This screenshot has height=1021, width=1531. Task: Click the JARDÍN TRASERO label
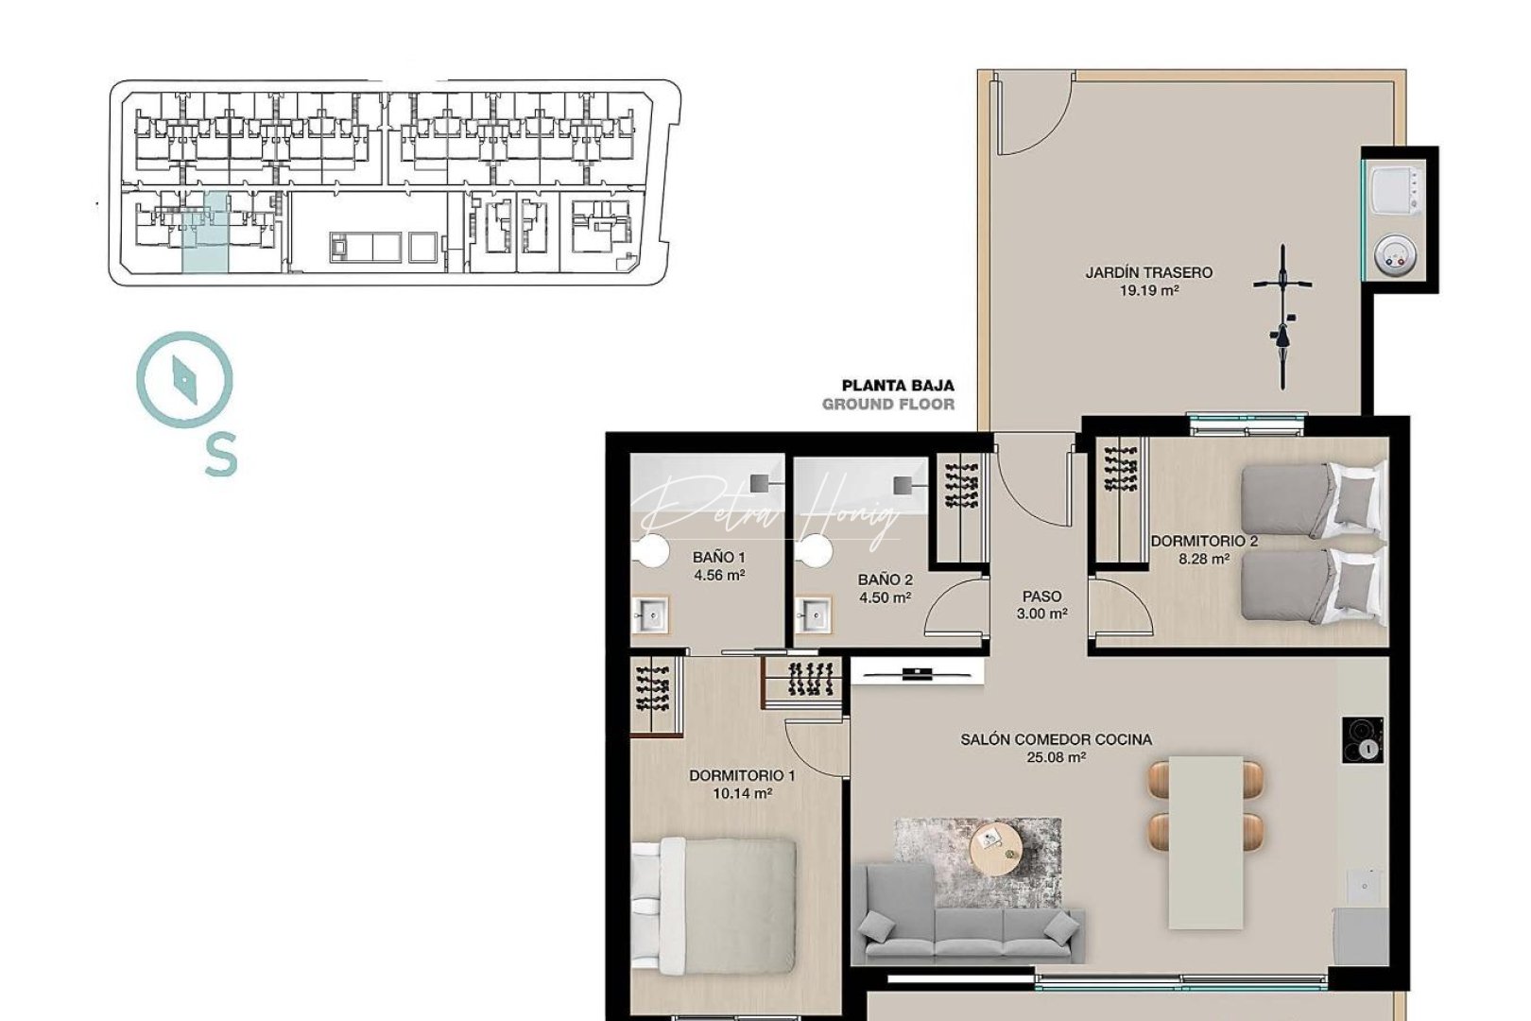pos(1148,272)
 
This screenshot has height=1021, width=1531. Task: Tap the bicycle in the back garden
pos(1282,317)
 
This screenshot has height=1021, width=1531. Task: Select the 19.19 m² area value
pos(1148,291)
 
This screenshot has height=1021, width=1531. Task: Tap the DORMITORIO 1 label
pos(742,775)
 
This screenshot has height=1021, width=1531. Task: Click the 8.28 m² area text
pos(1203,559)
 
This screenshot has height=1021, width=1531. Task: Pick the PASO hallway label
pos(1041,597)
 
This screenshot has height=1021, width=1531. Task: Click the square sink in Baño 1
pos(650,615)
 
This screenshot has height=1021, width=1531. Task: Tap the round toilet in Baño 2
pos(813,550)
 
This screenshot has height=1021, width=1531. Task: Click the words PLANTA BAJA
pos(898,386)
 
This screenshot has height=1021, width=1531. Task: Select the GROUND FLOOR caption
pos(887,405)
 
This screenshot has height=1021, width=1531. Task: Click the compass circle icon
pos(184,379)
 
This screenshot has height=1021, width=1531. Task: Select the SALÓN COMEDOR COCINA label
pos(1056,739)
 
